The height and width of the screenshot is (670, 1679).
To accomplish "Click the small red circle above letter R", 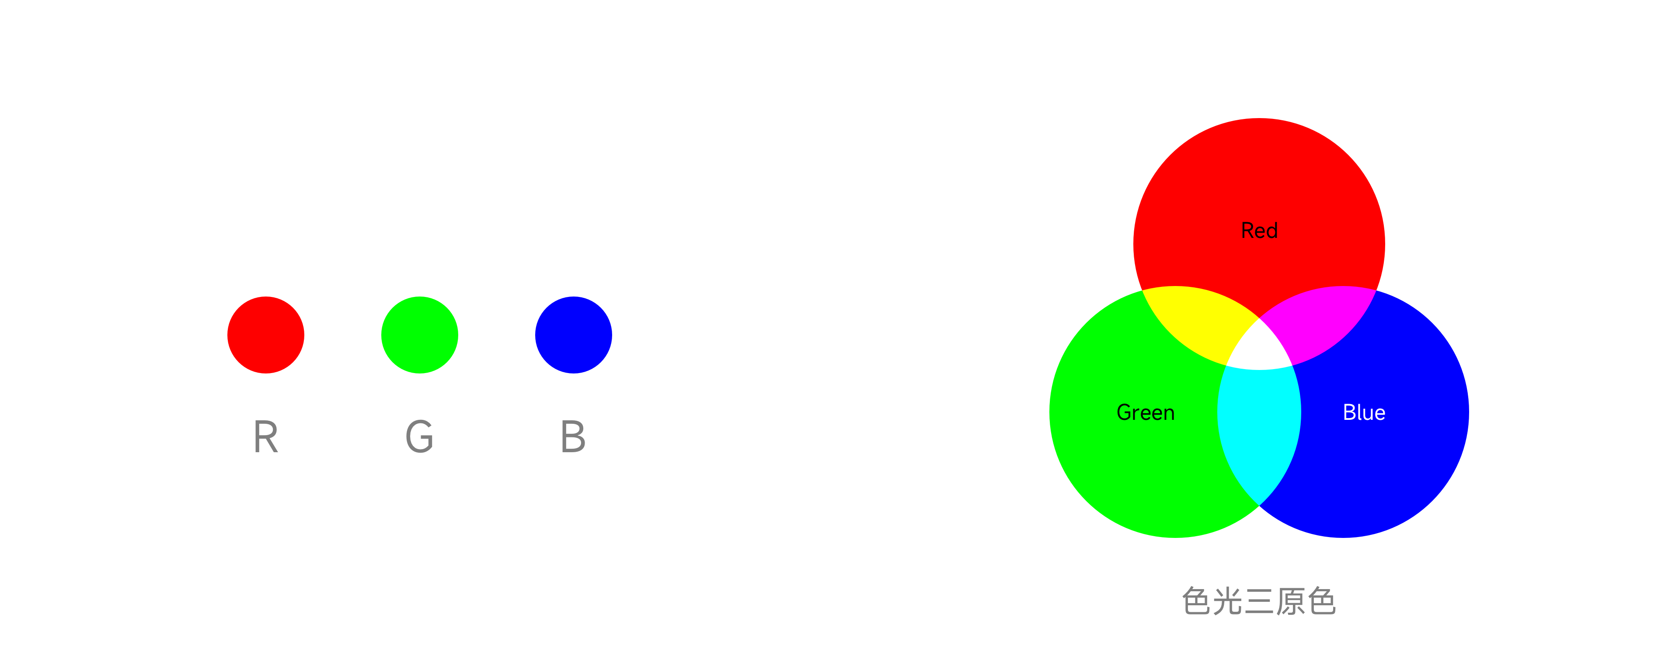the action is (x=265, y=335).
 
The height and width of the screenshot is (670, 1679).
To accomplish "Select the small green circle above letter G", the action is (x=419, y=335).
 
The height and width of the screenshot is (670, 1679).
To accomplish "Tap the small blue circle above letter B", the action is (x=573, y=335).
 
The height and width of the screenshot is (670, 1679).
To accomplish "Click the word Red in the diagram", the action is (x=1259, y=231).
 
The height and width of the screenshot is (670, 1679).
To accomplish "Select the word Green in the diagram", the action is (x=1145, y=412).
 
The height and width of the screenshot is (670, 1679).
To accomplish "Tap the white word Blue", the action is (x=1364, y=412).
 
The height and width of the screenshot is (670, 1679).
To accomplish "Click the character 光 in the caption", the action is (x=1227, y=601).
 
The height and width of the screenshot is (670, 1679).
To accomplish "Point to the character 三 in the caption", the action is (x=1259, y=601).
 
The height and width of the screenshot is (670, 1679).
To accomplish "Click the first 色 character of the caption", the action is (x=1197, y=601).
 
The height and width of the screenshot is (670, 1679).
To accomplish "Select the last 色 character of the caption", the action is (x=1322, y=601).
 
